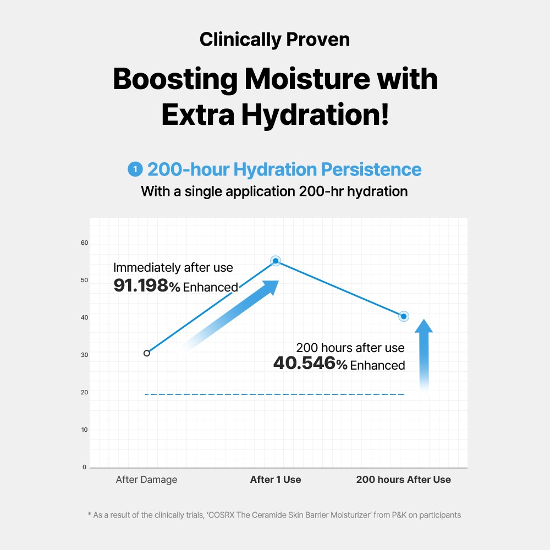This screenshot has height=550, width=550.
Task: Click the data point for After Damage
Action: [146, 353]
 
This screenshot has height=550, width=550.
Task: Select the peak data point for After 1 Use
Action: [276, 261]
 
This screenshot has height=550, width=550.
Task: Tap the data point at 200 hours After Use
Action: [404, 316]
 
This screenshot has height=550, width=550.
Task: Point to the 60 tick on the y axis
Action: [85, 243]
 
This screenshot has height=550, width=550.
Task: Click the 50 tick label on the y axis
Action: [85, 280]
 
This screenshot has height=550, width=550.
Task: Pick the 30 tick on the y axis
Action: [85, 355]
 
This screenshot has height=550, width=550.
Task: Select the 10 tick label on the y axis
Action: [85, 430]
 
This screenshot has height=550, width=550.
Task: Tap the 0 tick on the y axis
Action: [85, 467]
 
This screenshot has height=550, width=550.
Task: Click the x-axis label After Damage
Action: [146, 480]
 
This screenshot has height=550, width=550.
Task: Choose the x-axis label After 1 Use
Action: [276, 480]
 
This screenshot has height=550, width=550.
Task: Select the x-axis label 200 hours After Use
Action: [403, 480]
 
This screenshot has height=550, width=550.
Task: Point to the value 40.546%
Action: [310, 364]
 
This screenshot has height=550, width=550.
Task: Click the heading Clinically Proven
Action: [274, 40]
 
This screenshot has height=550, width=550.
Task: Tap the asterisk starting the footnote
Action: [90, 515]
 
